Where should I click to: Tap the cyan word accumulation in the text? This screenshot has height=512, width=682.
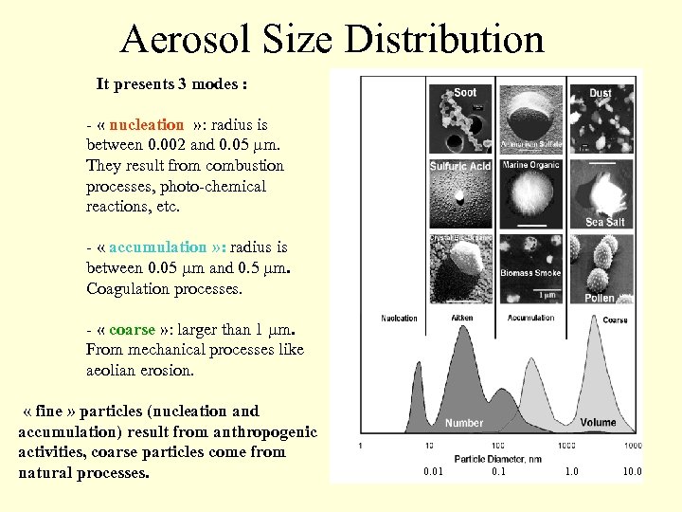click(157, 247)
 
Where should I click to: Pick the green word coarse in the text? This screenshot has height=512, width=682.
click(132, 329)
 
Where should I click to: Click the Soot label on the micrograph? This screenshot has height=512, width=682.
click(465, 92)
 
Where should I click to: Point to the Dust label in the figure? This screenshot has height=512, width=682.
click(600, 93)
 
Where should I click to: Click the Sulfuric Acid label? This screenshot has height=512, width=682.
click(459, 166)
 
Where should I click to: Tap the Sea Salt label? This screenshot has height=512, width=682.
click(604, 222)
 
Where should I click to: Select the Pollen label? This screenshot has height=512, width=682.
click(599, 298)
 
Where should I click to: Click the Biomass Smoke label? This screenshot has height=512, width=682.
click(530, 273)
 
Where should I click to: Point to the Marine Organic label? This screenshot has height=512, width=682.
click(530, 165)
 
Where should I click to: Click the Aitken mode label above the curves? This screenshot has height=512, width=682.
click(462, 319)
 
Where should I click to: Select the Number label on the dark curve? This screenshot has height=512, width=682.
click(464, 423)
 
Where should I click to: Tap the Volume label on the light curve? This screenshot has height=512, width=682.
click(598, 423)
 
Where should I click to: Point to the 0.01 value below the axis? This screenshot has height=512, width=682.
click(433, 470)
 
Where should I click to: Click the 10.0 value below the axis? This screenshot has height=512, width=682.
click(631, 470)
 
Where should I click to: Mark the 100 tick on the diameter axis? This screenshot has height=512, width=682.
click(497, 445)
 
